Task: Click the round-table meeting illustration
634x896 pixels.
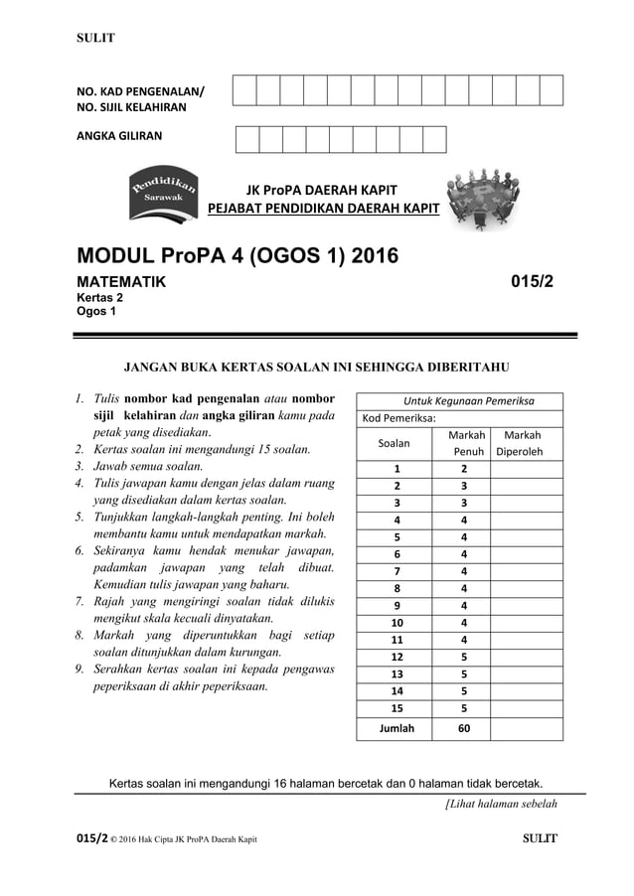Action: [x=490, y=198]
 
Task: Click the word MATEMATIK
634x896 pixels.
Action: [x=122, y=283]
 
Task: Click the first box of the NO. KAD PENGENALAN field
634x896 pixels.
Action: [x=244, y=90]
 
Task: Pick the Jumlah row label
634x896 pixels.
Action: [x=396, y=728]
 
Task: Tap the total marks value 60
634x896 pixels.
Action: [x=463, y=728]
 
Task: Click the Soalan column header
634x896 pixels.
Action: [x=396, y=444]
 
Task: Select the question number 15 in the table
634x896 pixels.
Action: [x=396, y=708]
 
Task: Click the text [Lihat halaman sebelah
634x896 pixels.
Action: [x=500, y=804]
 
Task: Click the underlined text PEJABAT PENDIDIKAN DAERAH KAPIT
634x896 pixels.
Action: [x=323, y=208]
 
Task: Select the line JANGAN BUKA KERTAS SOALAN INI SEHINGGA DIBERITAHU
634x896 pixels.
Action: [x=315, y=368]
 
